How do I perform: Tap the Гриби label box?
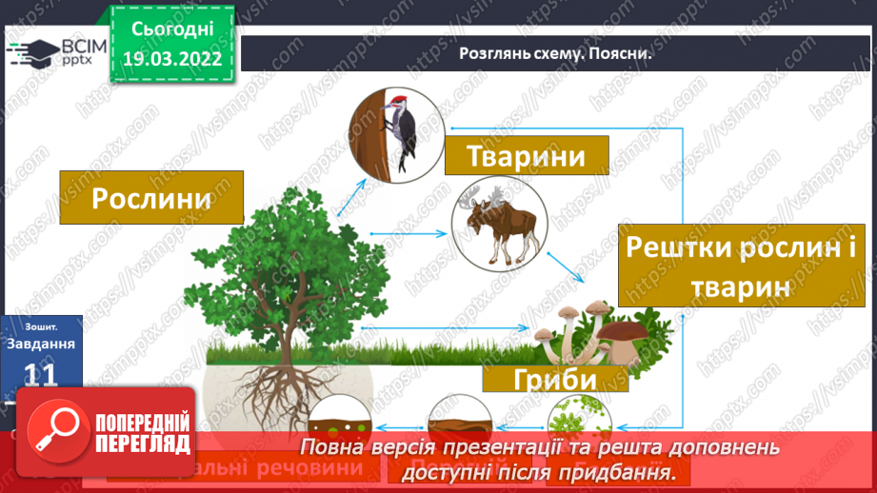[555, 379]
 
